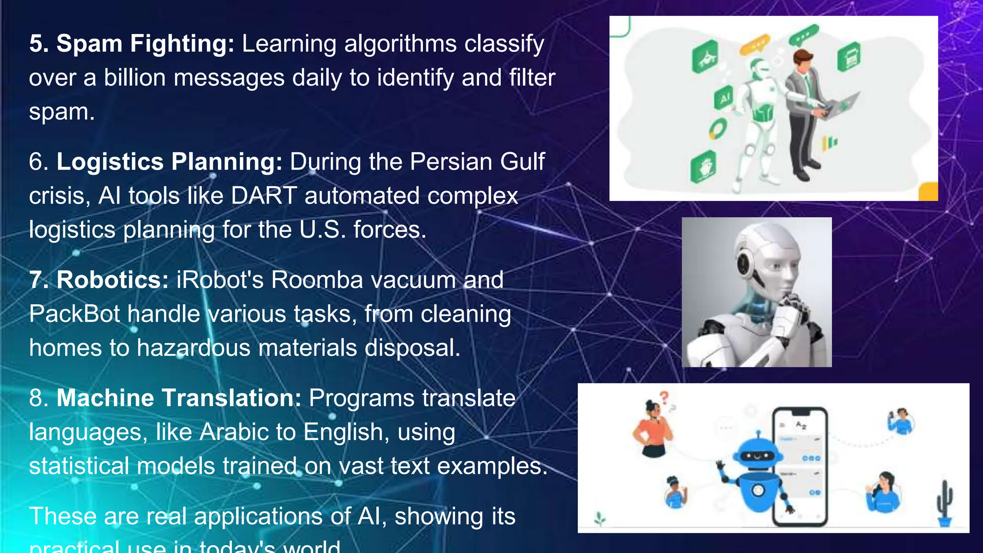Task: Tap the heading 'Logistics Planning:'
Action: (169, 162)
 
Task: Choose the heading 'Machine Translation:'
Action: (179, 398)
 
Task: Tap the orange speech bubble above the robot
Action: (755, 45)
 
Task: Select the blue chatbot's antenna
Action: (758, 435)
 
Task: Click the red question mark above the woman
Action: (664, 397)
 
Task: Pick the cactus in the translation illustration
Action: (944, 502)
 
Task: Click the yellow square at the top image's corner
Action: (928, 192)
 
